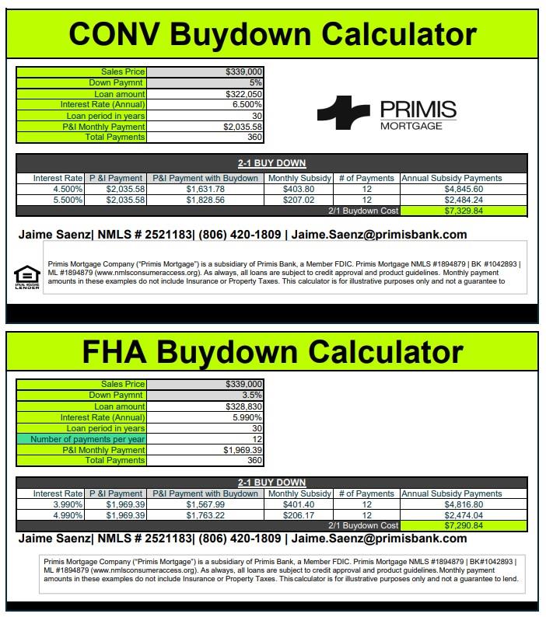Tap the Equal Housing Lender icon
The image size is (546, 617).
(x=26, y=276)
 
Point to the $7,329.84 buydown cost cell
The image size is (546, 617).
(x=463, y=211)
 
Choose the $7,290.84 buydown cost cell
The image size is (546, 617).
(x=463, y=525)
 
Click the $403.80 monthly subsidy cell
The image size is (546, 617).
(x=299, y=189)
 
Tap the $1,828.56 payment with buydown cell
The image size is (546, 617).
(x=205, y=200)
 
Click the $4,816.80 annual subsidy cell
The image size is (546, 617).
(x=464, y=504)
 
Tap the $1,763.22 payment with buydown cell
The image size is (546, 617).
(x=205, y=515)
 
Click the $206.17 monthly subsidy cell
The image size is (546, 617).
(x=299, y=515)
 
